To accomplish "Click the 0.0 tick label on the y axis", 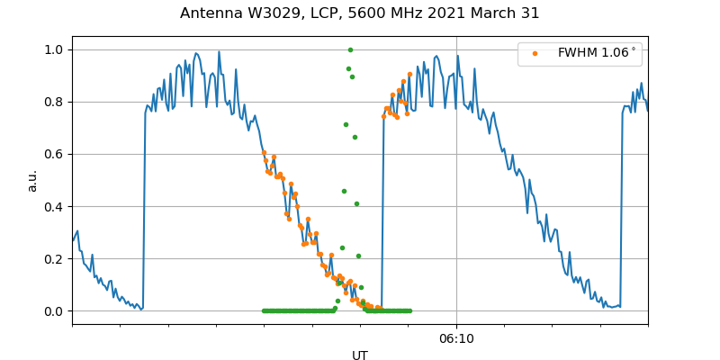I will click(52, 311).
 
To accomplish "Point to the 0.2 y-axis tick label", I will click(52, 259).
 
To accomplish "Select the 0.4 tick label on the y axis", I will click(52, 207).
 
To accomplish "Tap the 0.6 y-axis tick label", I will click(52, 155).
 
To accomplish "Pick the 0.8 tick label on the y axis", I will click(52, 103).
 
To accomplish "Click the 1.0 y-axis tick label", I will click(52, 50).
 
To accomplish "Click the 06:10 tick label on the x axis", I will click(456, 338).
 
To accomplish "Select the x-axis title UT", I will click(360, 355).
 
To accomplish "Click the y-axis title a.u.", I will click(32, 180).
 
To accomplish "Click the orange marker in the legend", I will click(535, 53).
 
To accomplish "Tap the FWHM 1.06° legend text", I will click(597, 53).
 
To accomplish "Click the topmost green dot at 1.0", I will click(350, 49).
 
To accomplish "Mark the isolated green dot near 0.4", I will click(356, 203).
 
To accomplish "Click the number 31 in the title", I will click(531, 13).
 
